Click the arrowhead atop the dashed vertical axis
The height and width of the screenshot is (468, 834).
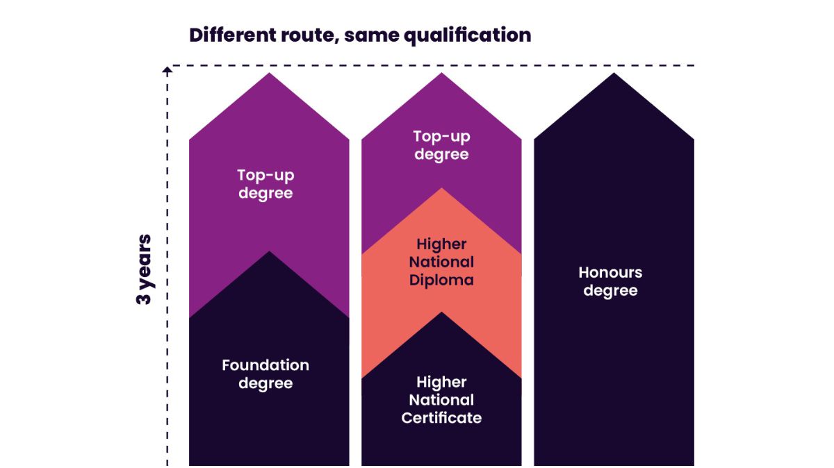(167, 68)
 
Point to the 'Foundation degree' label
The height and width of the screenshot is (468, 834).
(265, 374)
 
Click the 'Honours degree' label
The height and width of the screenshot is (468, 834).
(610, 281)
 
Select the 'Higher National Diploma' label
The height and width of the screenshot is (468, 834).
(441, 262)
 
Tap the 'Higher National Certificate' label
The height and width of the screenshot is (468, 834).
(441, 400)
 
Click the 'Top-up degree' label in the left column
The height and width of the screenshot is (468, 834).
(265, 184)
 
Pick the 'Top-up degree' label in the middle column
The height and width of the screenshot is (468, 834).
(441, 145)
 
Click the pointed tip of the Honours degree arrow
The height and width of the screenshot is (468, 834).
(614, 74)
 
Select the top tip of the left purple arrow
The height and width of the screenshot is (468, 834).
(269, 74)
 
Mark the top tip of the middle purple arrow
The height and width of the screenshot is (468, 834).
(441, 74)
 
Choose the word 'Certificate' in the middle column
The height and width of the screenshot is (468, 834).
(441, 418)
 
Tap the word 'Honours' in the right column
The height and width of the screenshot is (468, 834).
(610, 272)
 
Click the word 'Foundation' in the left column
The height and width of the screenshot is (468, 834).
(265, 365)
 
